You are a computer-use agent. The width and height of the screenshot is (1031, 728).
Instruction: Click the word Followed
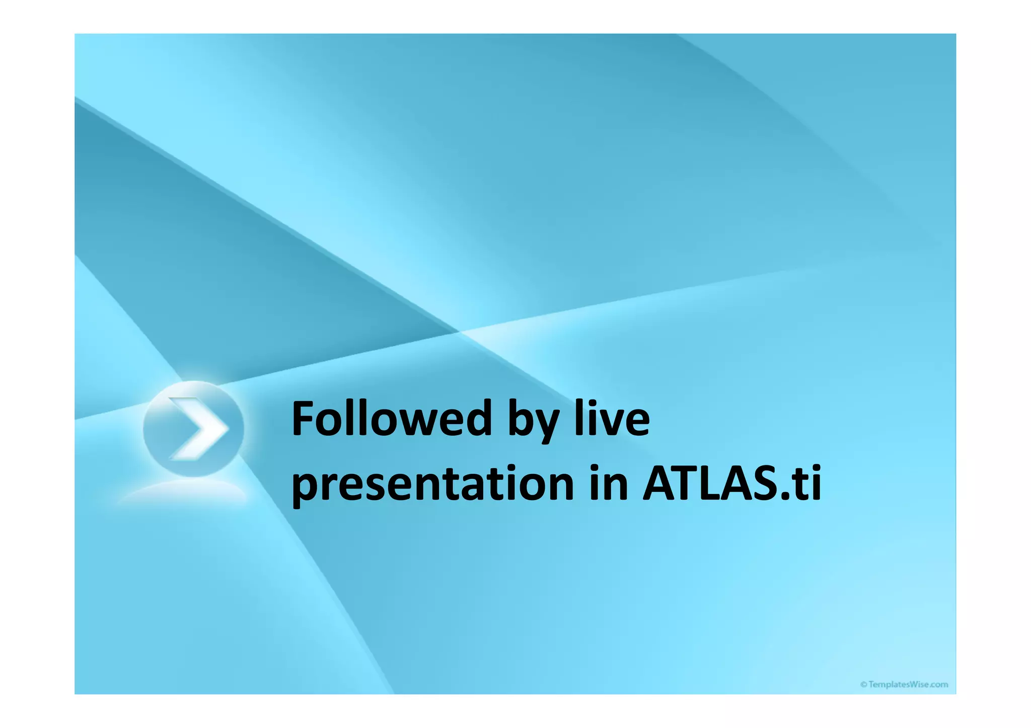pyautogui.click(x=392, y=419)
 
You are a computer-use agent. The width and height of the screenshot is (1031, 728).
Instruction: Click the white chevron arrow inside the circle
pyautogui.click(x=197, y=429)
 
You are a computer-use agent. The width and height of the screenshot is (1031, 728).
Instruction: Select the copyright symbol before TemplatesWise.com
pyautogui.click(x=863, y=684)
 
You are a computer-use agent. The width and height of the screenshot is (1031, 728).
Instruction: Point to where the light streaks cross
pyautogui.click(x=460, y=332)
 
